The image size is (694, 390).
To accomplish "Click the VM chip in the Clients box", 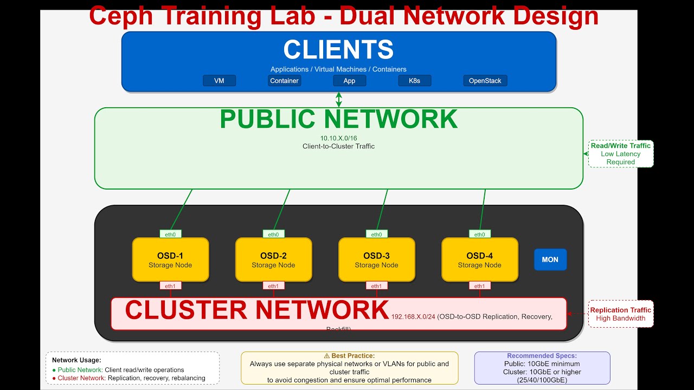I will click(219, 81).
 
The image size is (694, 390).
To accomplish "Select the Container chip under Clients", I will click(284, 81).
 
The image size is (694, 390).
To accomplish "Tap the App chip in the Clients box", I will click(349, 81).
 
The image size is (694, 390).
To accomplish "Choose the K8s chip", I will click(414, 81).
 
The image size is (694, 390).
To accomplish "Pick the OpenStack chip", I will click(485, 81).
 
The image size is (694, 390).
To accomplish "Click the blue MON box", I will click(550, 259).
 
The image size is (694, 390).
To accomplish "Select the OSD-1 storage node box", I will click(170, 259).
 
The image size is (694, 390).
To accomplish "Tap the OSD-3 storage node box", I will click(376, 259).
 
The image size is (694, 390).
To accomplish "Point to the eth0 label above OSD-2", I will click(273, 235).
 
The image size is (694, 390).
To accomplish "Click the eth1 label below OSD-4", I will click(479, 286).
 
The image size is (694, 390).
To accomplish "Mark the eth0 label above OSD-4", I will click(479, 235).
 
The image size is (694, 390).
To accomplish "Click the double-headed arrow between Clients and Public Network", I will click(339, 99).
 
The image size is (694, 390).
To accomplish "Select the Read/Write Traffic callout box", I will click(621, 154).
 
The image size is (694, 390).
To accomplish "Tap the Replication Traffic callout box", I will click(621, 314).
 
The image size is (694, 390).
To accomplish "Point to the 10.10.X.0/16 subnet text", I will click(338, 138).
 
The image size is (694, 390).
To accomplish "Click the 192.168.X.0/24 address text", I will click(413, 317).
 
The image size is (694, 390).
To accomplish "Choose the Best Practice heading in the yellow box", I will click(349, 356).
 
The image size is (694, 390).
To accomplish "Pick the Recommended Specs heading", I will click(542, 356).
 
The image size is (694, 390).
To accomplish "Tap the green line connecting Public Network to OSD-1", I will click(182, 210).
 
